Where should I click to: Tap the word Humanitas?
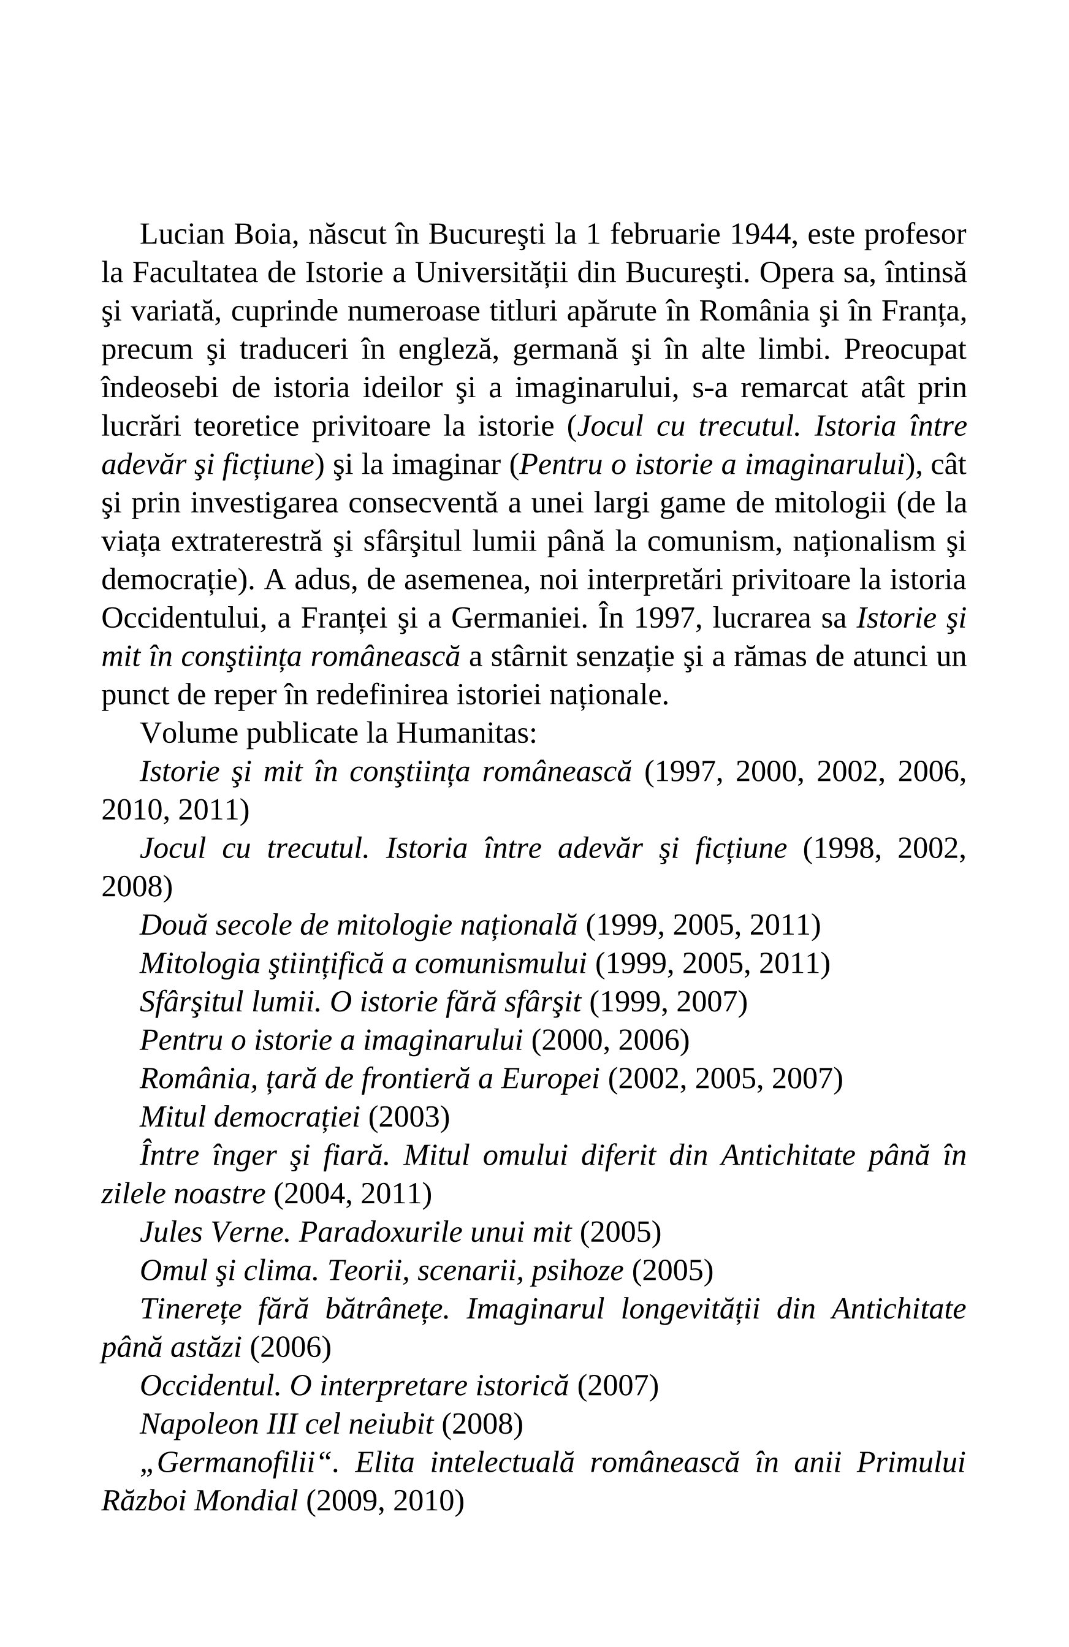pyautogui.click(x=466, y=734)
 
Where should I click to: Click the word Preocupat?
pyautogui.click(x=904, y=349)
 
